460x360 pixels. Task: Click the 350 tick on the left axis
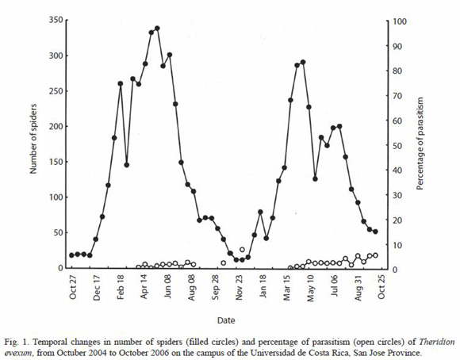click(56, 20)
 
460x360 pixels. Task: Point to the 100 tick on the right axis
click(400, 21)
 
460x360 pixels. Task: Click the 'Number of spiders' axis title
click(33, 139)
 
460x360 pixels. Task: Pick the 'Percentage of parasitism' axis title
click(420, 144)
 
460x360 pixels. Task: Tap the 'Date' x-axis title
click(226, 320)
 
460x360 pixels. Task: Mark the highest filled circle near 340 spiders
click(157, 29)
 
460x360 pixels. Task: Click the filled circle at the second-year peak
click(303, 62)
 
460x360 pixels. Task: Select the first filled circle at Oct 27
click(71, 255)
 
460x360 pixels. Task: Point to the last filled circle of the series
click(375, 232)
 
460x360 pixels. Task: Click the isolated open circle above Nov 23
click(242, 250)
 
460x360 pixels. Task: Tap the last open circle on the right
click(375, 255)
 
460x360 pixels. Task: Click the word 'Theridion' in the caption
click(437, 342)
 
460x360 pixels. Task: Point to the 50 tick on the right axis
click(397, 146)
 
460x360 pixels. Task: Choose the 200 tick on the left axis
click(56, 126)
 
